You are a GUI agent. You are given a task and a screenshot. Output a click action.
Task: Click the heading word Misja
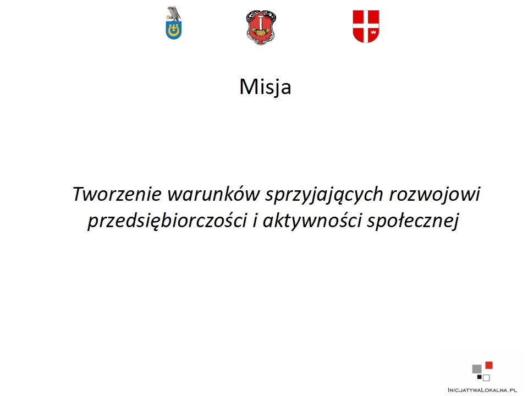[x=265, y=87]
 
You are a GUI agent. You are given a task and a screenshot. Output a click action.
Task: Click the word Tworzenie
[x=117, y=194]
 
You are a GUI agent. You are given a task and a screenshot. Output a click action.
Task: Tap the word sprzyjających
[x=324, y=195]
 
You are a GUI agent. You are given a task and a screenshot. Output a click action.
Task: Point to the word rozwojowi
[x=435, y=194]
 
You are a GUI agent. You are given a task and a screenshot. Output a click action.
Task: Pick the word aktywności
[x=312, y=220]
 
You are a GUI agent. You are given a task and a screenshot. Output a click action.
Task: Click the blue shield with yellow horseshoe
[x=174, y=30]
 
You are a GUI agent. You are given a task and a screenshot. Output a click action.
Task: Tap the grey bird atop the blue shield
[x=174, y=13]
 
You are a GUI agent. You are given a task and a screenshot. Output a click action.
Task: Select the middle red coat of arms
[x=261, y=27]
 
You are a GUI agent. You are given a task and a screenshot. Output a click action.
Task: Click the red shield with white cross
[x=366, y=26]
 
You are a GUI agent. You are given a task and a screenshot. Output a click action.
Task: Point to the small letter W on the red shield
[x=373, y=32]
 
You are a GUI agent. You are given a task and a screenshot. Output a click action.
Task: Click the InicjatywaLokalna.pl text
[x=482, y=390]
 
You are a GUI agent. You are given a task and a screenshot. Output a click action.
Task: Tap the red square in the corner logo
[x=489, y=365]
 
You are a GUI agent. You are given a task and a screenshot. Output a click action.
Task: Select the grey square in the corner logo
[x=477, y=369]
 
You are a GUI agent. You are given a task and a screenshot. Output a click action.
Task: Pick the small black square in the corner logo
[x=479, y=377]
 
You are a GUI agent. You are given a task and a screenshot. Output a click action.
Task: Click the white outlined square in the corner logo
[x=486, y=378]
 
